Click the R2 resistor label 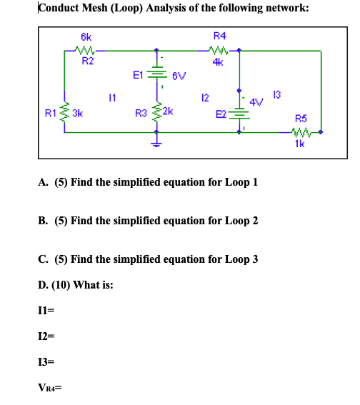[x=87, y=61]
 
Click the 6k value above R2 [x=86, y=36]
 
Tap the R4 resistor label [x=219, y=36]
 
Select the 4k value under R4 [x=219, y=61]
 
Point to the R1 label [x=49, y=112]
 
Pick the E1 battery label [x=139, y=73]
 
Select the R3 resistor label [x=141, y=112]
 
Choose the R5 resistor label [x=300, y=119]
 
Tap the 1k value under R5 [x=301, y=143]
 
